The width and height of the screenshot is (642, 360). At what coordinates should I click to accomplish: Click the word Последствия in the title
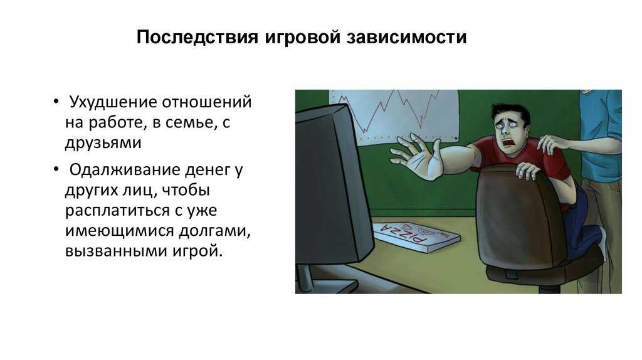(197, 37)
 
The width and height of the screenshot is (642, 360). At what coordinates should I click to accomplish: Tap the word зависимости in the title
(406, 37)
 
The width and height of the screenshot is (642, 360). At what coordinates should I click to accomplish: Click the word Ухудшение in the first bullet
(113, 102)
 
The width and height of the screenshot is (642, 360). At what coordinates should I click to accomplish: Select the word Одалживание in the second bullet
(125, 170)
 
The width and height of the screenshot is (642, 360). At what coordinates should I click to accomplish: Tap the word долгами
(215, 231)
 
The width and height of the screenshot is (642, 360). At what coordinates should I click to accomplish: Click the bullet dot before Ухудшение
(56, 101)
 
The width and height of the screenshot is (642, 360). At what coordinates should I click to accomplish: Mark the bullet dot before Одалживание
(56, 169)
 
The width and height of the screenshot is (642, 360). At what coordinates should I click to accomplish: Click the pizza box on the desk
(416, 236)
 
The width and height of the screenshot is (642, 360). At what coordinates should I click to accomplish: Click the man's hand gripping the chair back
(528, 170)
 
